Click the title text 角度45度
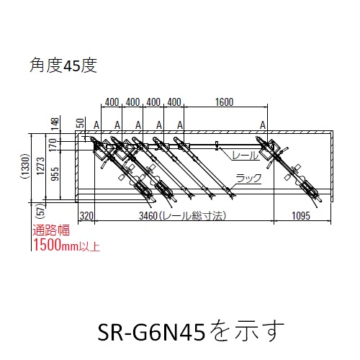[x=63, y=66]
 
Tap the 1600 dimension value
[x=224, y=102]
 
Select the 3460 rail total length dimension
[x=182, y=215]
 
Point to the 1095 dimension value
[x=301, y=215]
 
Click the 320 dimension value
[x=86, y=216]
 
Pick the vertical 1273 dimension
[x=41, y=166]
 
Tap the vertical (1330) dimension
[x=25, y=166]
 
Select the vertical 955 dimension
[x=55, y=174]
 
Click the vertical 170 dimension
[x=53, y=145]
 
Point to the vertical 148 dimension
[x=55, y=124]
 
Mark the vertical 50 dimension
[x=81, y=123]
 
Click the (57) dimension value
[x=41, y=211]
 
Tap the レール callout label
[x=245, y=156]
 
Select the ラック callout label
[x=248, y=179]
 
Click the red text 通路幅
[x=51, y=230]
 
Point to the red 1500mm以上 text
[x=66, y=245]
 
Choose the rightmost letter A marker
[x=263, y=125]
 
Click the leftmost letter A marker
[x=96, y=125]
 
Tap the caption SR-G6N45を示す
[x=191, y=331]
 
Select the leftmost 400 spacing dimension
[x=112, y=102]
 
